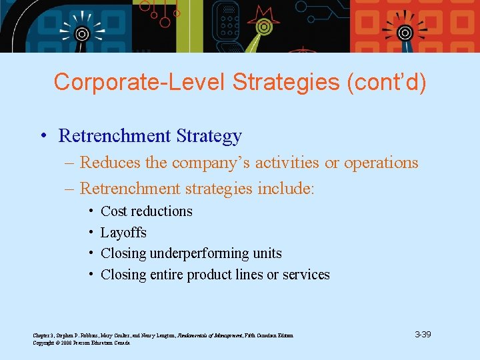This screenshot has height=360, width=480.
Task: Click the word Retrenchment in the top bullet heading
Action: (x=115, y=136)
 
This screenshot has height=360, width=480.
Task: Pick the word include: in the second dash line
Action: (x=288, y=189)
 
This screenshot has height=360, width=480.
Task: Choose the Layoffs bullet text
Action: (x=123, y=233)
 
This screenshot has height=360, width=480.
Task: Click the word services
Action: (x=306, y=275)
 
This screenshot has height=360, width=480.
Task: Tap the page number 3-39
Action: (x=422, y=334)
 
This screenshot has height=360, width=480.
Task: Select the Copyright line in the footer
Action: (x=81, y=343)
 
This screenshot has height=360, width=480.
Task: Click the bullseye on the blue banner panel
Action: (x=81, y=33)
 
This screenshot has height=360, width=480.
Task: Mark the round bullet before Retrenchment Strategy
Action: (x=42, y=137)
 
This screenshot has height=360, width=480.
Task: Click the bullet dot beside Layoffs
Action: (x=89, y=233)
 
